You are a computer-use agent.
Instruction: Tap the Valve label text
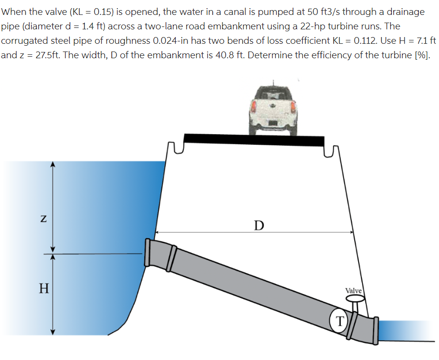pos(354,291)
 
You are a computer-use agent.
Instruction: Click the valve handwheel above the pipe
pos(355,299)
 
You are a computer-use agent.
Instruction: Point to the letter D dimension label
pos(259,225)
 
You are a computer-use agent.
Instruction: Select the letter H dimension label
pos(44,288)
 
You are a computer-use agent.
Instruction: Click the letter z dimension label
pos(43,218)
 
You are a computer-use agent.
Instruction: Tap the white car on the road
pos(273,110)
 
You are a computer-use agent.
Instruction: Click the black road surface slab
pos(254,140)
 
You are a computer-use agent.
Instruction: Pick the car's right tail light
pos(293,107)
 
